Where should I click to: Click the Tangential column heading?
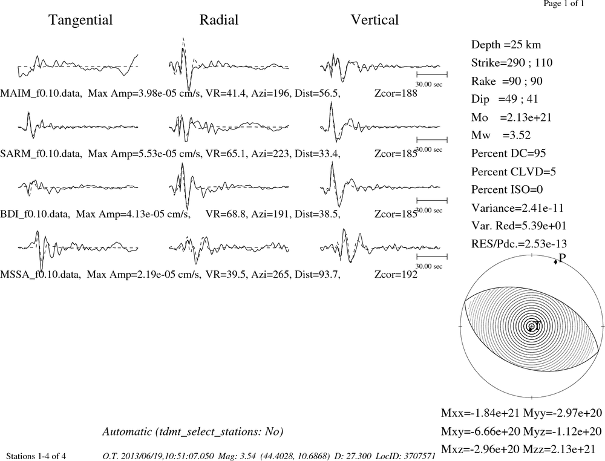[80, 20]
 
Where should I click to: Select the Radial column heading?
[219, 20]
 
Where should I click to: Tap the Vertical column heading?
[374, 20]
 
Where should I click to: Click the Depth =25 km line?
[506, 45]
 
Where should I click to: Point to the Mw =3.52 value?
[501, 135]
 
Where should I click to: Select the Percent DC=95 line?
[509, 153]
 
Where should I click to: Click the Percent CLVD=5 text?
[514, 171]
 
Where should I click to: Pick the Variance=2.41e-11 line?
[517, 208]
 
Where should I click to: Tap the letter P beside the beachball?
[562, 258]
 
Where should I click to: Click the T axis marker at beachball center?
[531, 326]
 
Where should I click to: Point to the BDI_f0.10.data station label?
[35, 214]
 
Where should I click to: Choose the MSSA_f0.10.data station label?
[41, 275]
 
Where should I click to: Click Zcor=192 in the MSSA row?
[396, 274]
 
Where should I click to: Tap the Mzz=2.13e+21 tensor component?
[563, 449]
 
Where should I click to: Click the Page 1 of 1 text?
[564, 4]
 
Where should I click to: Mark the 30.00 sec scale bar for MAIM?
[432, 74]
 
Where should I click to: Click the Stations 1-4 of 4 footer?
[36, 456]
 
